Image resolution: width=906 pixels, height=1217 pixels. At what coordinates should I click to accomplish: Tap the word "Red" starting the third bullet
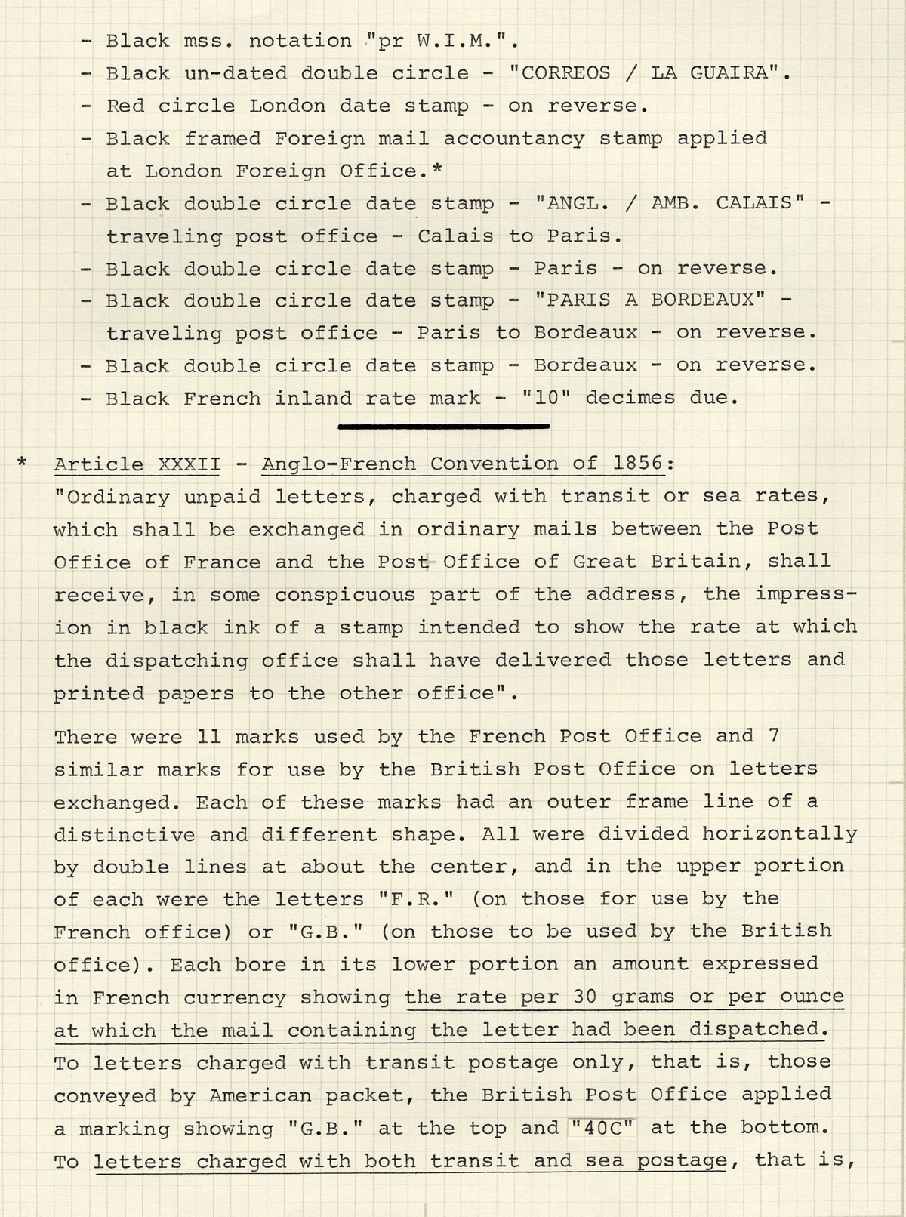click(x=125, y=106)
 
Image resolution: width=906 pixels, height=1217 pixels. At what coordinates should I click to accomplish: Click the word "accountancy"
click(x=513, y=138)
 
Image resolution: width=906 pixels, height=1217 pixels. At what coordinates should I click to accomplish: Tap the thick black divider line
click(x=444, y=427)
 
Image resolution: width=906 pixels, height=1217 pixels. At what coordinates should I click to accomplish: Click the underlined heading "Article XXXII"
click(x=137, y=464)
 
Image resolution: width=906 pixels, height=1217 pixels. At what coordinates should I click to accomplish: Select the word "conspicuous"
click(x=345, y=595)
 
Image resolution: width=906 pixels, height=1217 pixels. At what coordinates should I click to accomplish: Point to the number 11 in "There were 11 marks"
click(x=208, y=737)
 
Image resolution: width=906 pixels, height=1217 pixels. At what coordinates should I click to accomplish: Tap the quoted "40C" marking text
click(x=604, y=1127)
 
